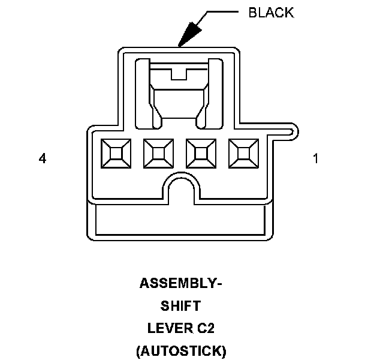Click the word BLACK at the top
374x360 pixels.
pyautogui.click(x=272, y=13)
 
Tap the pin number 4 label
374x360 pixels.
pyautogui.click(x=43, y=158)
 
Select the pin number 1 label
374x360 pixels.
pyautogui.click(x=316, y=158)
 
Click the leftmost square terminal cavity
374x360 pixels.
pyautogui.click(x=116, y=155)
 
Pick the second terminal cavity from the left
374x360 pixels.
pyautogui.click(x=158, y=155)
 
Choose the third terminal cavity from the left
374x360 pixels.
pyautogui.click(x=201, y=155)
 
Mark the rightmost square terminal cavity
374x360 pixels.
pyautogui.click(x=243, y=155)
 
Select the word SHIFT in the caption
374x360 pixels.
pyautogui.click(x=180, y=305)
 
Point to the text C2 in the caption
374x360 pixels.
pyautogui.click(x=206, y=328)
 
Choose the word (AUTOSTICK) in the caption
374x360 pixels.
pyautogui.click(x=180, y=352)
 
